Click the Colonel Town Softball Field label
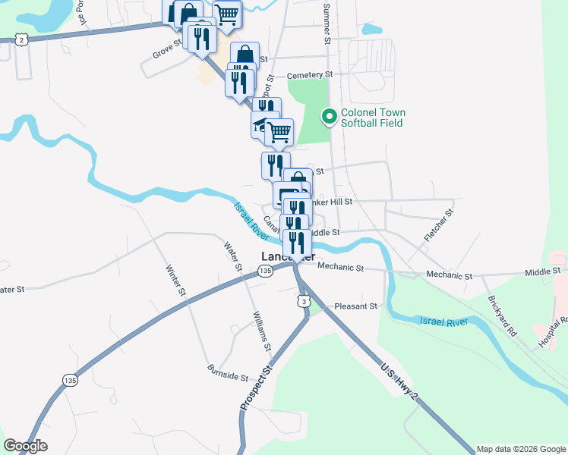pyautogui.click(x=373, y=118)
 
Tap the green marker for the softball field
pyautogui.click(x=330, y=117)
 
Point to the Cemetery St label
pyautogui.click(x=309, y=75)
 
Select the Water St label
pyautogui.click(x=232, y=256)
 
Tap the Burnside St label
pyautogui.click(x=228, y=372)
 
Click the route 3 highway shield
pyautogui.click(x=304, y=302)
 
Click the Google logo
pyautogui.click(x=25, y=446)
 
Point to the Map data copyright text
pyautogui.click(x=521, y=449)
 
